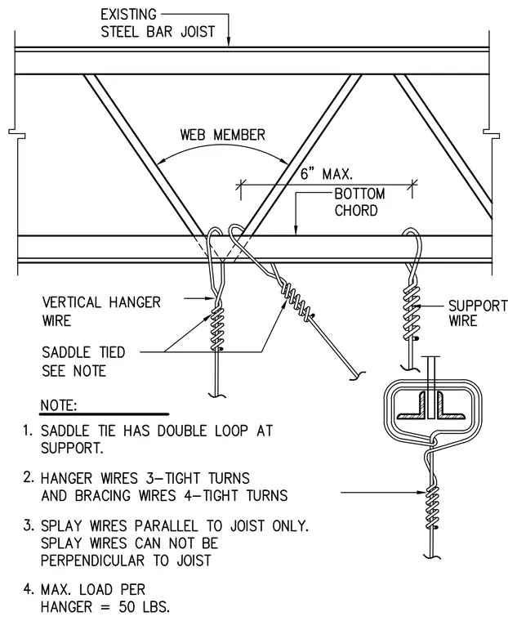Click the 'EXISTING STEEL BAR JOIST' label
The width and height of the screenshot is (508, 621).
[158, 23]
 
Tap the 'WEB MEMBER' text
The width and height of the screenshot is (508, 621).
[222, 135]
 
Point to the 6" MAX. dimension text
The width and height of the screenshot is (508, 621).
[326, 173]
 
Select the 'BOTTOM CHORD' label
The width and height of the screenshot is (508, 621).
[359, 202]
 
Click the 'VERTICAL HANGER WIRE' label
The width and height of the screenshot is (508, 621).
[101, 311]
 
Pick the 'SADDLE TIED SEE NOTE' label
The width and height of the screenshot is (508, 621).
[83, 361]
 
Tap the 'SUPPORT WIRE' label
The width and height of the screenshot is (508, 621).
[478, 313]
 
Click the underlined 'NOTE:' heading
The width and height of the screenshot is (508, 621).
[59, 405]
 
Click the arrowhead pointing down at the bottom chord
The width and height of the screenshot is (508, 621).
[295, 230]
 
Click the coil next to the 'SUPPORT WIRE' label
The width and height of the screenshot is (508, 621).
[411, 312]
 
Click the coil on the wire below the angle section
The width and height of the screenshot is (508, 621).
[432, 508]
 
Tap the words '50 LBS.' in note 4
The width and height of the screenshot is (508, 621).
[144, 607]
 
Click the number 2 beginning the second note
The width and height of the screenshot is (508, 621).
[27, 478]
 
